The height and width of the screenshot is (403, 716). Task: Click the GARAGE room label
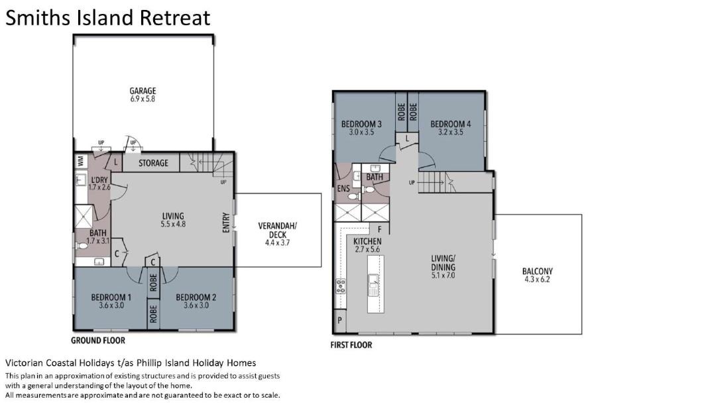[x=143, y=91]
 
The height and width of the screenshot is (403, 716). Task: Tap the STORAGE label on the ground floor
[x=153, y=163]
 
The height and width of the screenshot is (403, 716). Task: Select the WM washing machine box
[x=81, y=161]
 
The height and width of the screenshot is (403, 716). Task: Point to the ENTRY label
[x=226, y=223]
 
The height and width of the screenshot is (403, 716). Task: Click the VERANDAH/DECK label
[x=278, y=230]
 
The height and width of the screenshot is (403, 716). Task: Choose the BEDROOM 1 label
[x=111, y=297]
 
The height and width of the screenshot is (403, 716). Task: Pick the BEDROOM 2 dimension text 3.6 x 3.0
[x=196, y=306]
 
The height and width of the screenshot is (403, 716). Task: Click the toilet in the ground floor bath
[x=82, y=245]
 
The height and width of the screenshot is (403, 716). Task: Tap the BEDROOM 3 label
[x=361, y=124]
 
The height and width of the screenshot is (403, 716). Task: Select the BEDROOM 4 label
[x=450, y=124]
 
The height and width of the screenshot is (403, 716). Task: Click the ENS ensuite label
[x=343, y=188]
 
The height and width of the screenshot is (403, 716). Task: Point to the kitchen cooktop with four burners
[x=341, y=286]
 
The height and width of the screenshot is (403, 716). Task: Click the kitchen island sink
[x=373, y=285]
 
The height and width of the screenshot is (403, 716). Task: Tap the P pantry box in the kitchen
[x=339, y=320]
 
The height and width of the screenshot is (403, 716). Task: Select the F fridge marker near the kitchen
[x=379, y=229]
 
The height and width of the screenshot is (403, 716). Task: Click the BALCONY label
[x=538, y=271]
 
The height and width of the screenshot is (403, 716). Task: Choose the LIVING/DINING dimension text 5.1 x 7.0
[x=443, y=276]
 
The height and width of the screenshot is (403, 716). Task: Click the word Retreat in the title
[x=175, y=18]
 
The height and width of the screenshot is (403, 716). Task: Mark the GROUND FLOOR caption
[x=97, y=341]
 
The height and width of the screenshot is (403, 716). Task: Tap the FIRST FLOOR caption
[x=351, y=345]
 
